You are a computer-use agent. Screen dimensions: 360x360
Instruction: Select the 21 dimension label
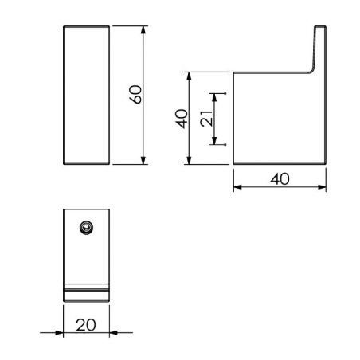pos(205,119)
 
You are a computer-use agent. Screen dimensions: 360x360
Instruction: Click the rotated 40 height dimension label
pos(182,119)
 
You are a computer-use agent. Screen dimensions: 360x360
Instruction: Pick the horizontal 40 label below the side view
pos(280,179)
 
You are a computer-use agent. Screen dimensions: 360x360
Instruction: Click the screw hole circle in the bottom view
pos(86,229)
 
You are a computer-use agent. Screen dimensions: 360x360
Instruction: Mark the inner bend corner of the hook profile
pos(311,72)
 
